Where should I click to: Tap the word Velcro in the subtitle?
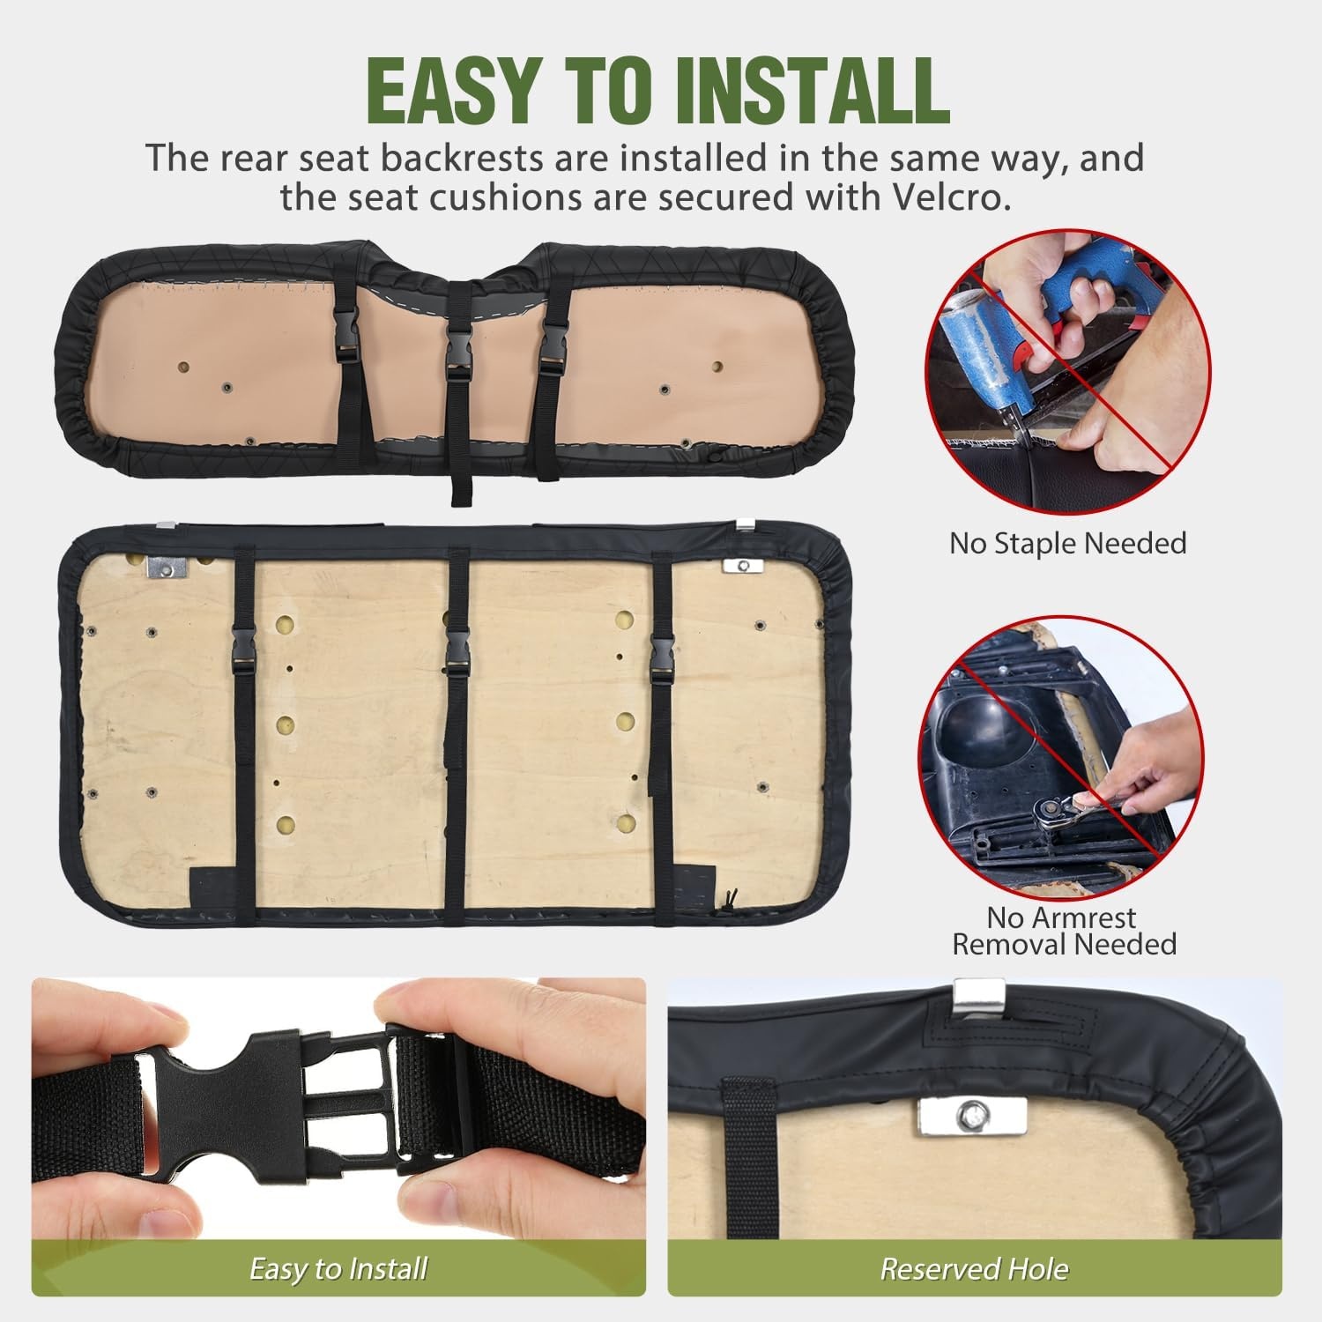coord(938,197)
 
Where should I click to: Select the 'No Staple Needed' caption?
coord(1067,543)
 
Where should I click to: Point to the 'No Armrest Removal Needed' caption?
coord(1064,931)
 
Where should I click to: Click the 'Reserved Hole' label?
coord(974,1268)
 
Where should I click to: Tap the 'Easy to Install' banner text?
coord(338,1268)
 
